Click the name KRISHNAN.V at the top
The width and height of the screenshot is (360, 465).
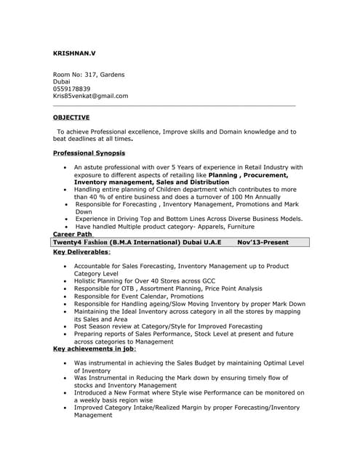pyautogui.click(x=74, y=53)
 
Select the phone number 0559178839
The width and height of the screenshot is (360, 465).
pyautogui.click(x=72, y=89)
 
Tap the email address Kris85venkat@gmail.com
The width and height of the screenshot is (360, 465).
pyautogui.click(x=91, y=96)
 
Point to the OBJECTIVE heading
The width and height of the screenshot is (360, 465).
pyautogui.click(x=71, y=117)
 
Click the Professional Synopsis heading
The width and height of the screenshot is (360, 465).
pyautogui.click(x=89, y=153)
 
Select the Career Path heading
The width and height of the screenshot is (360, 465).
pyautogui.click(x=73, y=234)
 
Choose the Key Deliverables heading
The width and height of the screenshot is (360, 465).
pyautogui.click(x=81, y=252)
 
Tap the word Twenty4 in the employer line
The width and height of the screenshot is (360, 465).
pyautogui.click(x=71, y=242)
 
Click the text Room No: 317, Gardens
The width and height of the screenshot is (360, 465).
pyautogui.click(x=89, y=74)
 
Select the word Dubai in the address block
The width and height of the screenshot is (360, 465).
pyautogui.click(x=63, y=81)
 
